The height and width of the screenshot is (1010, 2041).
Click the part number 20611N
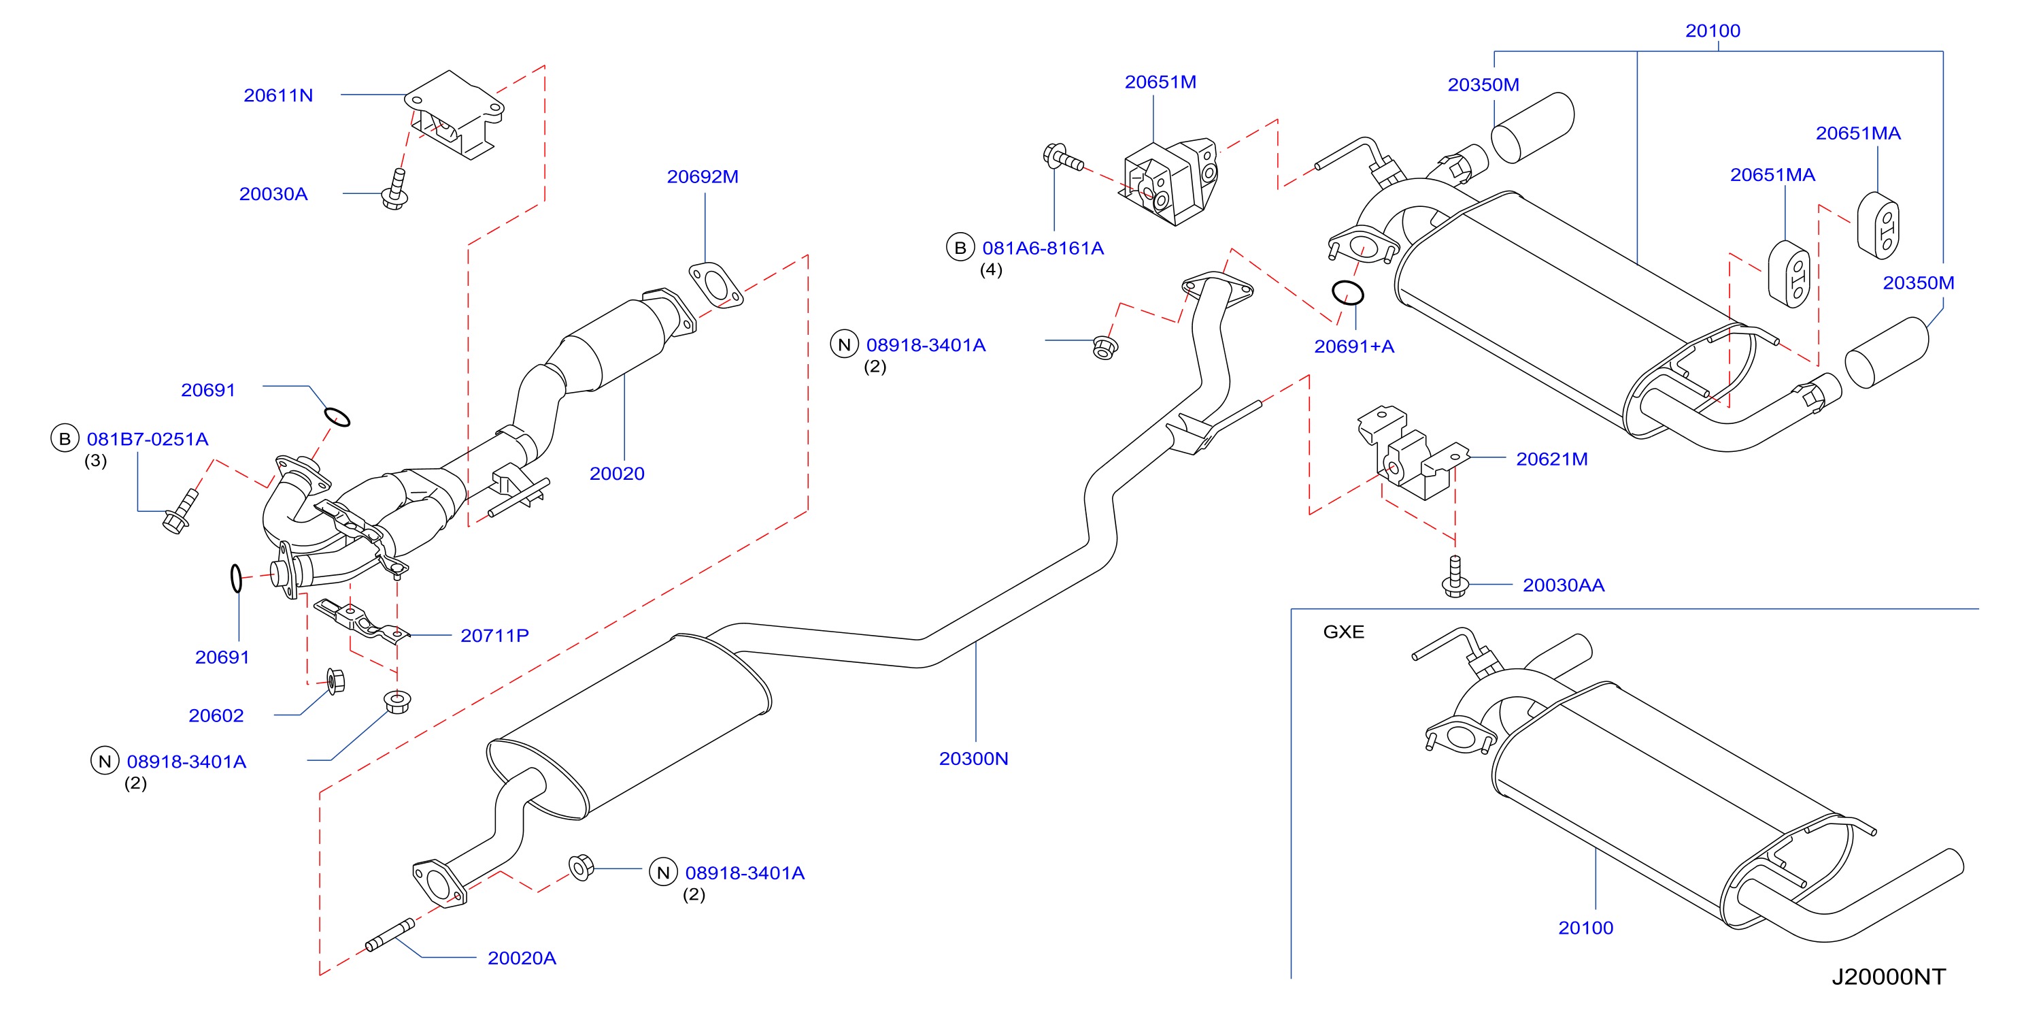pos(278,95)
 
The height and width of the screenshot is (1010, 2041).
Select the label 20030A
pos(273,194)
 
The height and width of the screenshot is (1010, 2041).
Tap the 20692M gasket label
pos(703,177)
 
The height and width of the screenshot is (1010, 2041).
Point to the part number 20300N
pos(974,759)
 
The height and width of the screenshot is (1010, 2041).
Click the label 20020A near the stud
pos(522,958)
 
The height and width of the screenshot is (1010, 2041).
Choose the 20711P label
pos(494,636)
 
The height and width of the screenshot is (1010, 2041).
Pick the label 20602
pos(216,716)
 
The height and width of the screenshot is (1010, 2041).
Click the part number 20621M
pos(1552,459)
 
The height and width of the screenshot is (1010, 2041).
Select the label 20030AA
pos(1564,585)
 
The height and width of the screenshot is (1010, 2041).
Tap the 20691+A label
pos(1354,346)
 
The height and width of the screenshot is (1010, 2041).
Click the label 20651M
pos(1161,82)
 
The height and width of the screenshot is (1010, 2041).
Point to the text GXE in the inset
pos(1344,632)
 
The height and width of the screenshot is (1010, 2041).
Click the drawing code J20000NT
pos(1889,977)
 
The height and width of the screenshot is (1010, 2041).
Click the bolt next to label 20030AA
pos(1455,576)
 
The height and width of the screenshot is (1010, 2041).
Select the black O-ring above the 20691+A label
pos(1348,293)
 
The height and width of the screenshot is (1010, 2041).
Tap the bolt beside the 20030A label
pos(395,189)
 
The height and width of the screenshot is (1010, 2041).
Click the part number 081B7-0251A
pos(148,439)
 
